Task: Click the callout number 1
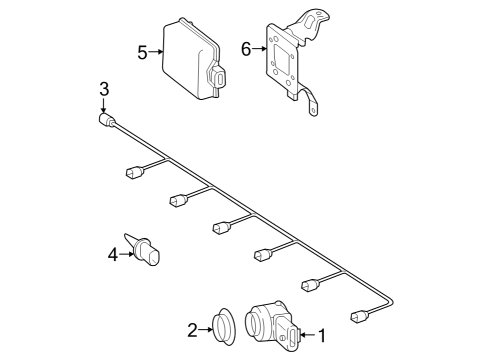pyautogui.click(x=322, y=335)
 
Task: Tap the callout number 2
pyautogui.click(x=192, y=330)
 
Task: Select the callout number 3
pyautogui.click(x=104, y=89)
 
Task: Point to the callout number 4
pyautogui.click(x=113, y=255)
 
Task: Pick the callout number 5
pyautogui.click(x=142, y=53)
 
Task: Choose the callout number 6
pyautogui.click(x=246, y=49)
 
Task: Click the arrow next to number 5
pyautogui.click(x=156, y=52)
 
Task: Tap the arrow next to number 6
pyautogui.click(x=259, y=49)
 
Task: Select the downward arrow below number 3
pyautogui.click(x=104, y=105)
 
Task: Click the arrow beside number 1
pyautogui.click(x=308, y=334)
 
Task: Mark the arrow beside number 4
pyautogui.click(x=127, y=254)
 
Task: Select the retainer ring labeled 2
pyautogui.click(x=224, y=327)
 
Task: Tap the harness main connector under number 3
pyautogui.click(x=107, y=120)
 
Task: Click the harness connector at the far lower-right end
pyautogui.click(x=359, y=316)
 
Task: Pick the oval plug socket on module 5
pyautogui.click(x=220, y=79)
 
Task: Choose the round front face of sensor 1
pyautogui.click(x=255, y=321)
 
